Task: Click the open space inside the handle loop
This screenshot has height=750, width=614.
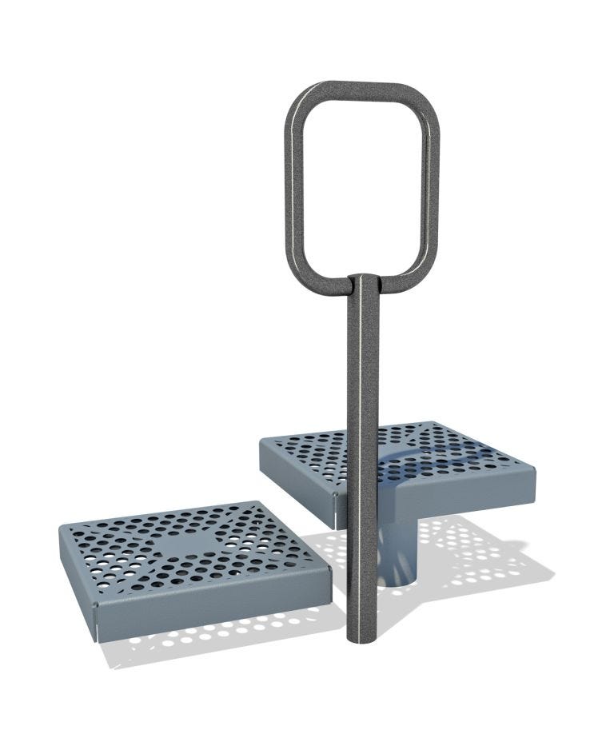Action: [x=364, y=184]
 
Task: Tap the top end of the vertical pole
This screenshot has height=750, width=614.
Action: [x=364, y=281]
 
